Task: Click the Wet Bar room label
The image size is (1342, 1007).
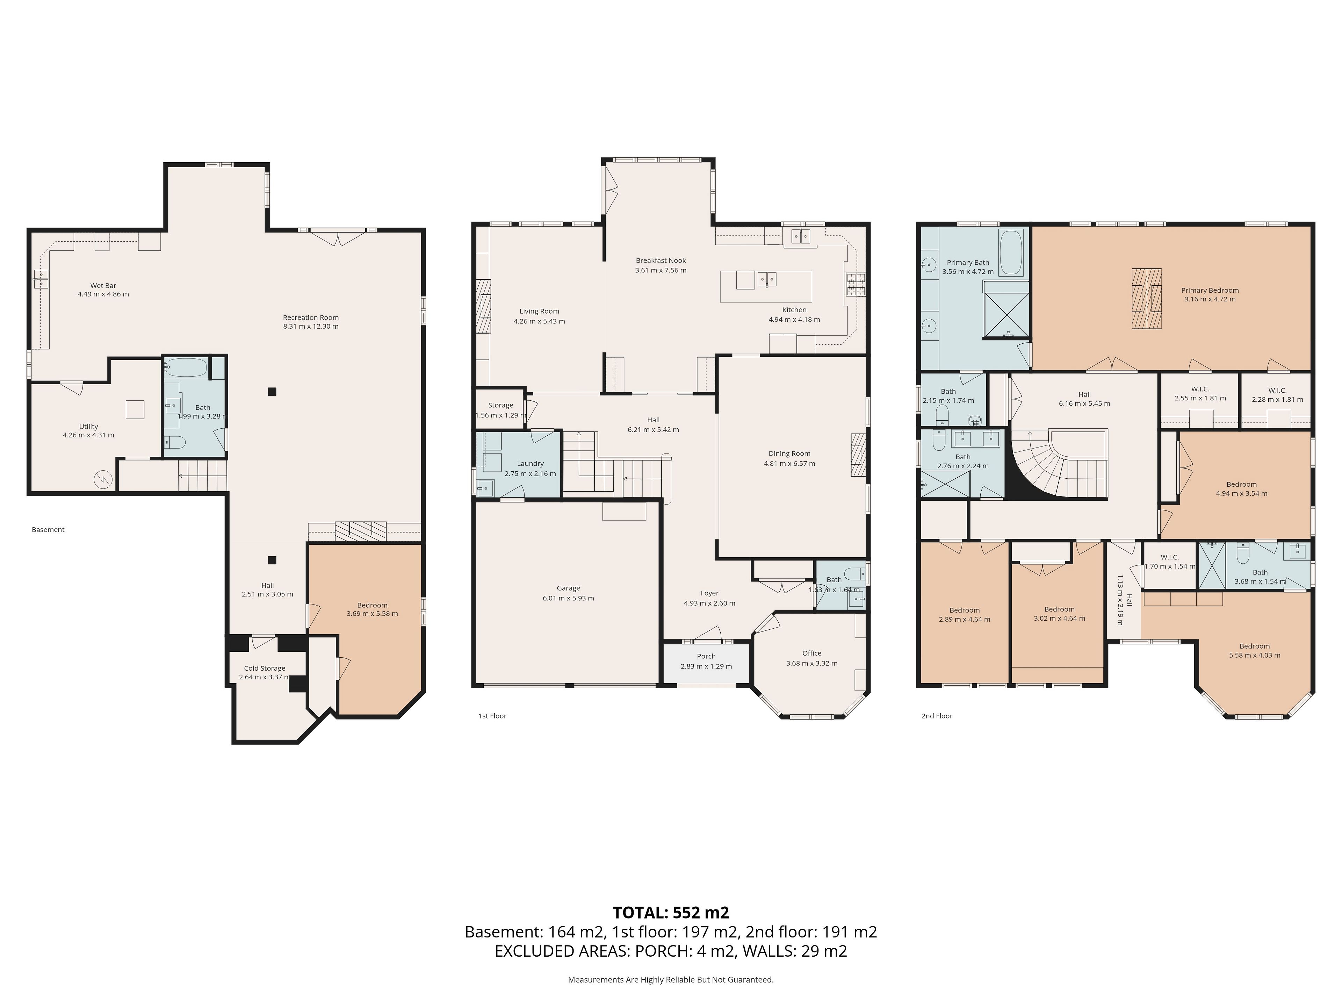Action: click(103, 285)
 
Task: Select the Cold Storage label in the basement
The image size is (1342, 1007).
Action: click(265, 668)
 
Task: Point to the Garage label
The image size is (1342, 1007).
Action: click(569, 588)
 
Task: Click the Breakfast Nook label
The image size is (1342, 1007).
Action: click(661, 260)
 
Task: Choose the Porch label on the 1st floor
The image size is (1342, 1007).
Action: click(706, 656)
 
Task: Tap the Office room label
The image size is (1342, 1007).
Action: click(812, 653)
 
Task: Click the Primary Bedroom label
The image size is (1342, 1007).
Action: click(1210, 290)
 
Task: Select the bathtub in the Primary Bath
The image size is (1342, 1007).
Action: click(1011, 252)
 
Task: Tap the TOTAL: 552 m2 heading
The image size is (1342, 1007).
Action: click(671, 912)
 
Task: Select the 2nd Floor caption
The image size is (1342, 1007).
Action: click(937, 716)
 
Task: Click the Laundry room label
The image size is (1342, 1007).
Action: click(530, 464)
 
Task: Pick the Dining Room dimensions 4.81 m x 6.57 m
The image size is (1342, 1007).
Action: click(789, 464)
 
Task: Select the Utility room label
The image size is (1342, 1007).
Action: click(88, 427)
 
